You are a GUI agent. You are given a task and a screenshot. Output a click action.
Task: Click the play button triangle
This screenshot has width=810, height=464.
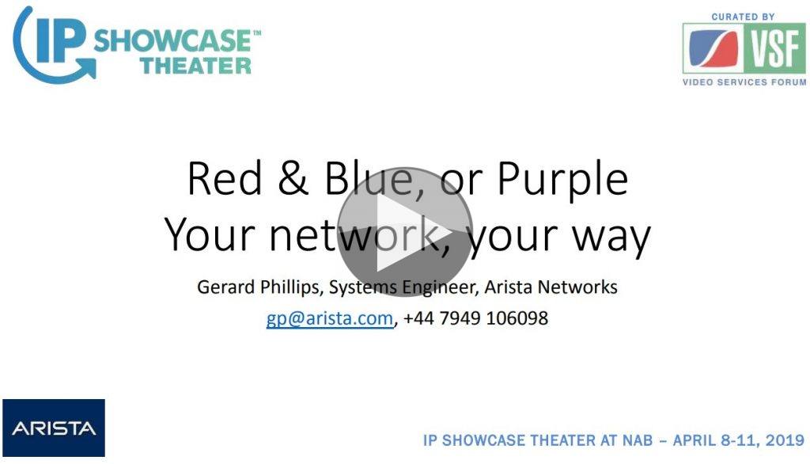pyautogui.click(x=398, y=234)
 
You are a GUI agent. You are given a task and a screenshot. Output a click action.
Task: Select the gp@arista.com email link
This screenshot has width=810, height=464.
pyautogui.click(x=330, y=318)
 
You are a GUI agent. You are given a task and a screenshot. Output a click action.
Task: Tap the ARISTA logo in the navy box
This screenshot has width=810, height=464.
pyautogui.click(x=54, y=428)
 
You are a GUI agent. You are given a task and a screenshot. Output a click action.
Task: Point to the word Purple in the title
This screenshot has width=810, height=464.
pyautogui.click(x=562, y=179)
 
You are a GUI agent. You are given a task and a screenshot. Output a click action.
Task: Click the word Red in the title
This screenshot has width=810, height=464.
pyautogui.click(x=225, y=178)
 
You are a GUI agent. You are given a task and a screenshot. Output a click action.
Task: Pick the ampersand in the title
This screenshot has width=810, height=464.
pyautogui.click(x=293, y=178)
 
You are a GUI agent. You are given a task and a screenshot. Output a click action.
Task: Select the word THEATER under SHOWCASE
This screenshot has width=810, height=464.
pyautogui.click(x=196, y=66)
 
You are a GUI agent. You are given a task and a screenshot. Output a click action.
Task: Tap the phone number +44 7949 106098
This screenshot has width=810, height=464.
pyautogui.click(x=475, y=318)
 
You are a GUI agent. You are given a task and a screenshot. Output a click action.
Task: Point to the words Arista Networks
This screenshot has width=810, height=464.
pyautogui.click(x=551, y=287)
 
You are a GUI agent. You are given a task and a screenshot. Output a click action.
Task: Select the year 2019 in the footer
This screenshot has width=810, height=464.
pyautogui.click(x=785, y=440)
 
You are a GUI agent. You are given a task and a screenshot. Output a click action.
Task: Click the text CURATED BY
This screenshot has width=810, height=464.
pyautogui.click(x=743, y=17)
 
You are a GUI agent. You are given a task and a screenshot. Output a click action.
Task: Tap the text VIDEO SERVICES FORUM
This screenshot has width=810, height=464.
pyautogui.click(x=744, y=82)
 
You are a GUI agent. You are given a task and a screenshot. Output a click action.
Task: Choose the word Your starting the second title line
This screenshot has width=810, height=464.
pyautogui.click(x=210, y=234)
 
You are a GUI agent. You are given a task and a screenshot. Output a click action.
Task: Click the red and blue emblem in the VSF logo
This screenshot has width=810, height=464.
pyautogui.click(x=713, y=48)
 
